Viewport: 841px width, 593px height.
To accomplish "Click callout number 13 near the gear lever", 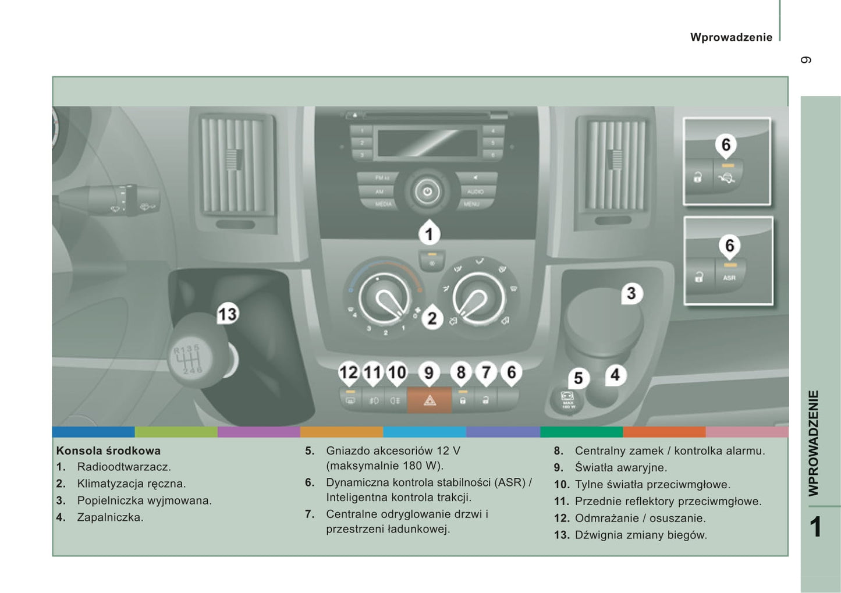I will click(x=227, y=314).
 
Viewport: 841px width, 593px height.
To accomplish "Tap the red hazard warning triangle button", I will click(x=430, y=400).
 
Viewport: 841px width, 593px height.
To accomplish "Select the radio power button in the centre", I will click(x=428, y=191).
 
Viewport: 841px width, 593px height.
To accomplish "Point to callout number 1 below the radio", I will click(x=430, y=234).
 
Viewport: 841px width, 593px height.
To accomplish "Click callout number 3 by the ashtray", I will click(x=631, y=293).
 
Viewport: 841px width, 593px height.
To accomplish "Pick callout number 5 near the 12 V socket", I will click(x=578, y=378).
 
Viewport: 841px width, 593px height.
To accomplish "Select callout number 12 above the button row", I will click(x=349, y=372).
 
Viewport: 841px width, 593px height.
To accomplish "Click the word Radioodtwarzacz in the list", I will click(x=124, y=467).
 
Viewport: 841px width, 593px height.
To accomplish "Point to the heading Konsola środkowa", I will click(x=108, y=450).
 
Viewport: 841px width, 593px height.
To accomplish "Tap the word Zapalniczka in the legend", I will click(x=110, y=517).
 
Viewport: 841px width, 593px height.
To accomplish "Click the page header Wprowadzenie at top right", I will click(x=731, y=37).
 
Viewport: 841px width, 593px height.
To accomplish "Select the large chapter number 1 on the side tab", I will click(x=816, y=527).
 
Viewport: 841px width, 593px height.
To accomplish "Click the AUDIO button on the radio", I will click(x=475, y=191).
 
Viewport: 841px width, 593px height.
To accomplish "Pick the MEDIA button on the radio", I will click(x=383, y=204).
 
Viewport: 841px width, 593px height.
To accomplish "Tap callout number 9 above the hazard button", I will click(x=429, y=372).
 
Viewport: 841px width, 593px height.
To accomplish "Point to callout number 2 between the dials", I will click(x=432, y=318).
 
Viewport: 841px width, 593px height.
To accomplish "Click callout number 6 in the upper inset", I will click(x=726, y=144).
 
